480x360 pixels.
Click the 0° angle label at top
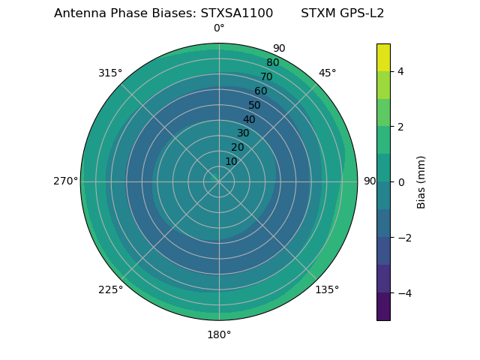219,28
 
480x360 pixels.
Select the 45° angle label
327,73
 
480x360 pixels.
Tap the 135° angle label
327,289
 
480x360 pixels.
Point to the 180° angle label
219,334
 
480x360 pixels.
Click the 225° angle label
110,290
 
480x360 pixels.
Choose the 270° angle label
65,181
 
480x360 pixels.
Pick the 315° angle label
110,73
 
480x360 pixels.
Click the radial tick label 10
231,161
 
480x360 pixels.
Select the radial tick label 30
243,133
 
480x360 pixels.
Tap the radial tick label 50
255,105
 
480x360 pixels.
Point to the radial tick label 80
272,63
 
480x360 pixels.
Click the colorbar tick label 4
401,71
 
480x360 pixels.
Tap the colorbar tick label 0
401,182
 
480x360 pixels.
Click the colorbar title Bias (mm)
421,181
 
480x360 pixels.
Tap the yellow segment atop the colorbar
383,57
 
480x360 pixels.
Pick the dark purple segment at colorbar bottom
383,307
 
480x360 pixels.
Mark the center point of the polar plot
219,181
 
